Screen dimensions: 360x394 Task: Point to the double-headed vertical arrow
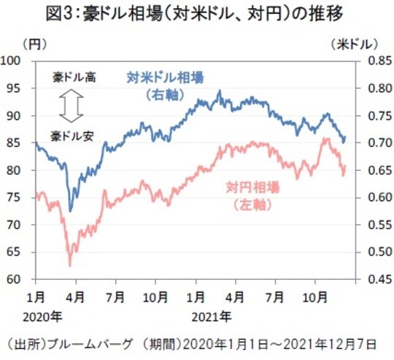click(x=70, y=105)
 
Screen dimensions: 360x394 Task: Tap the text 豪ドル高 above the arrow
click(x=70, y=76)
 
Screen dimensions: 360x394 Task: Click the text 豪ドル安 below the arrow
click(x=70, y=135)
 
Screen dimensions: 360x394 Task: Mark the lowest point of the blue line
click(x=70, y=211)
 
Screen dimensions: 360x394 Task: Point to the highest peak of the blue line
click(x=220, y=91)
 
